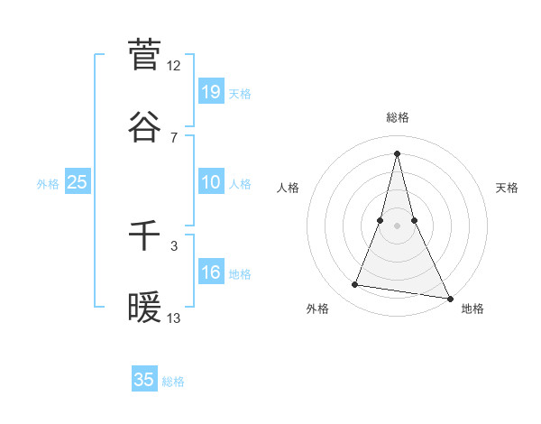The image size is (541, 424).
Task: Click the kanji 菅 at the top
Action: tap(144, 54)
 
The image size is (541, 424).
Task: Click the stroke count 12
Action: tap(174, 66)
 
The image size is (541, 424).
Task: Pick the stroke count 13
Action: tap(174, 318)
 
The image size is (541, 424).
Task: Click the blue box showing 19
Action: tap(211, 91)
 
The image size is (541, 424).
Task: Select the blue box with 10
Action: tap(211, 182)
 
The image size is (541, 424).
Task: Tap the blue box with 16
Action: tap(211, 272)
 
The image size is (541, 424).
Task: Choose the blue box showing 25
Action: tap(78, 182)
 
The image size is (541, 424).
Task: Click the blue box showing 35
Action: tap(144, 380)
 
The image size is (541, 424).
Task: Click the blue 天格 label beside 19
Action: tap(240, 94)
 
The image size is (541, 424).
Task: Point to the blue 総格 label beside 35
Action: tap(173, 382)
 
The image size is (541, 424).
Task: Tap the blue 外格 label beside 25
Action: tap(48, 184)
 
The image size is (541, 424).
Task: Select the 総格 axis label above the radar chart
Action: tap(398, 117)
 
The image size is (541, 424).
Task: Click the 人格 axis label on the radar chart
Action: tap(289, 188)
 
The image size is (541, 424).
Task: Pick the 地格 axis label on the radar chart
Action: tap(472, 309)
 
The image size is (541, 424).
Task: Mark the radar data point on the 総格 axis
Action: tap(397, 152)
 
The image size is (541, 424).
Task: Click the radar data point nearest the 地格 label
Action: tap(449, 298)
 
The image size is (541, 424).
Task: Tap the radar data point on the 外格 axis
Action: tap(355, 285)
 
